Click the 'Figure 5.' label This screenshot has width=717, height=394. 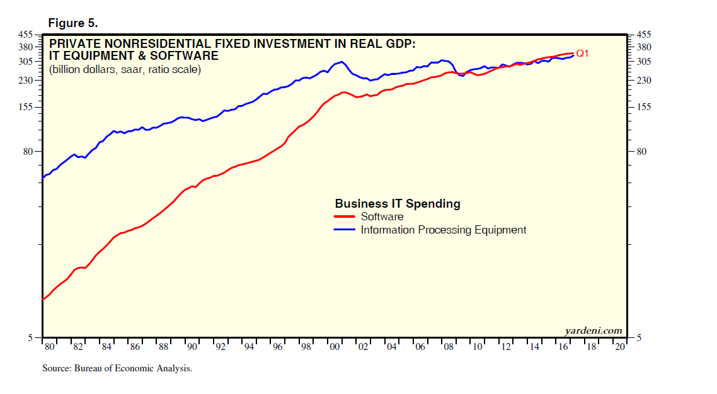pyautogui.click(x=72, y=23)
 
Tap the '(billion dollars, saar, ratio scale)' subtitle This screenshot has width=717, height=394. pyautogui.click(x=125, y=70)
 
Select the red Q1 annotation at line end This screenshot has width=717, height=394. pyautogui.click(x=582, y=53)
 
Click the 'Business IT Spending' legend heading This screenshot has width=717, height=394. pyautogui.click(x=397, y=204)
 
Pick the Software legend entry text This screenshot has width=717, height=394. pyautogui.click(x=382, y=217)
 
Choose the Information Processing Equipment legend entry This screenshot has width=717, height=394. pyautogui.click(x=443, y=230)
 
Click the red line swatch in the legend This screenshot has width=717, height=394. pyautogui.click(x=345, y=217)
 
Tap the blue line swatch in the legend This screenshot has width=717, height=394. pyautogui.click(x=345, y=230)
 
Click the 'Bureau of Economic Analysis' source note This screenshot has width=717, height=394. pyautogui.click(x=117, y=369)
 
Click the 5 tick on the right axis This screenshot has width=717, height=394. pyautogui.click(x=641, y=338)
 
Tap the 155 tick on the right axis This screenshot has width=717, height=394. pyautogui.click(x=646, y=108)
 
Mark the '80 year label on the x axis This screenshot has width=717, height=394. pyautogui.click(x=50, y=347)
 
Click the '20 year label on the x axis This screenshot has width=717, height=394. pyautogui.click(x=620, y=347)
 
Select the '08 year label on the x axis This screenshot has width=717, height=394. pyautogui.click(x=449, y=347)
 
